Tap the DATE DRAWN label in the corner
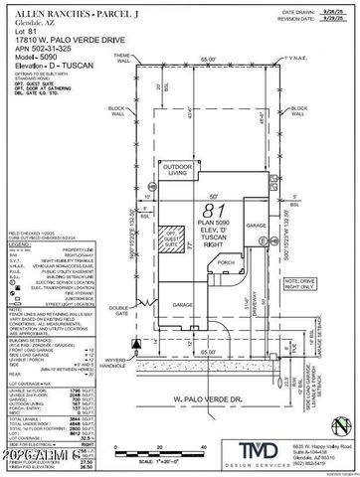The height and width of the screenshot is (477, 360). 287,8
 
